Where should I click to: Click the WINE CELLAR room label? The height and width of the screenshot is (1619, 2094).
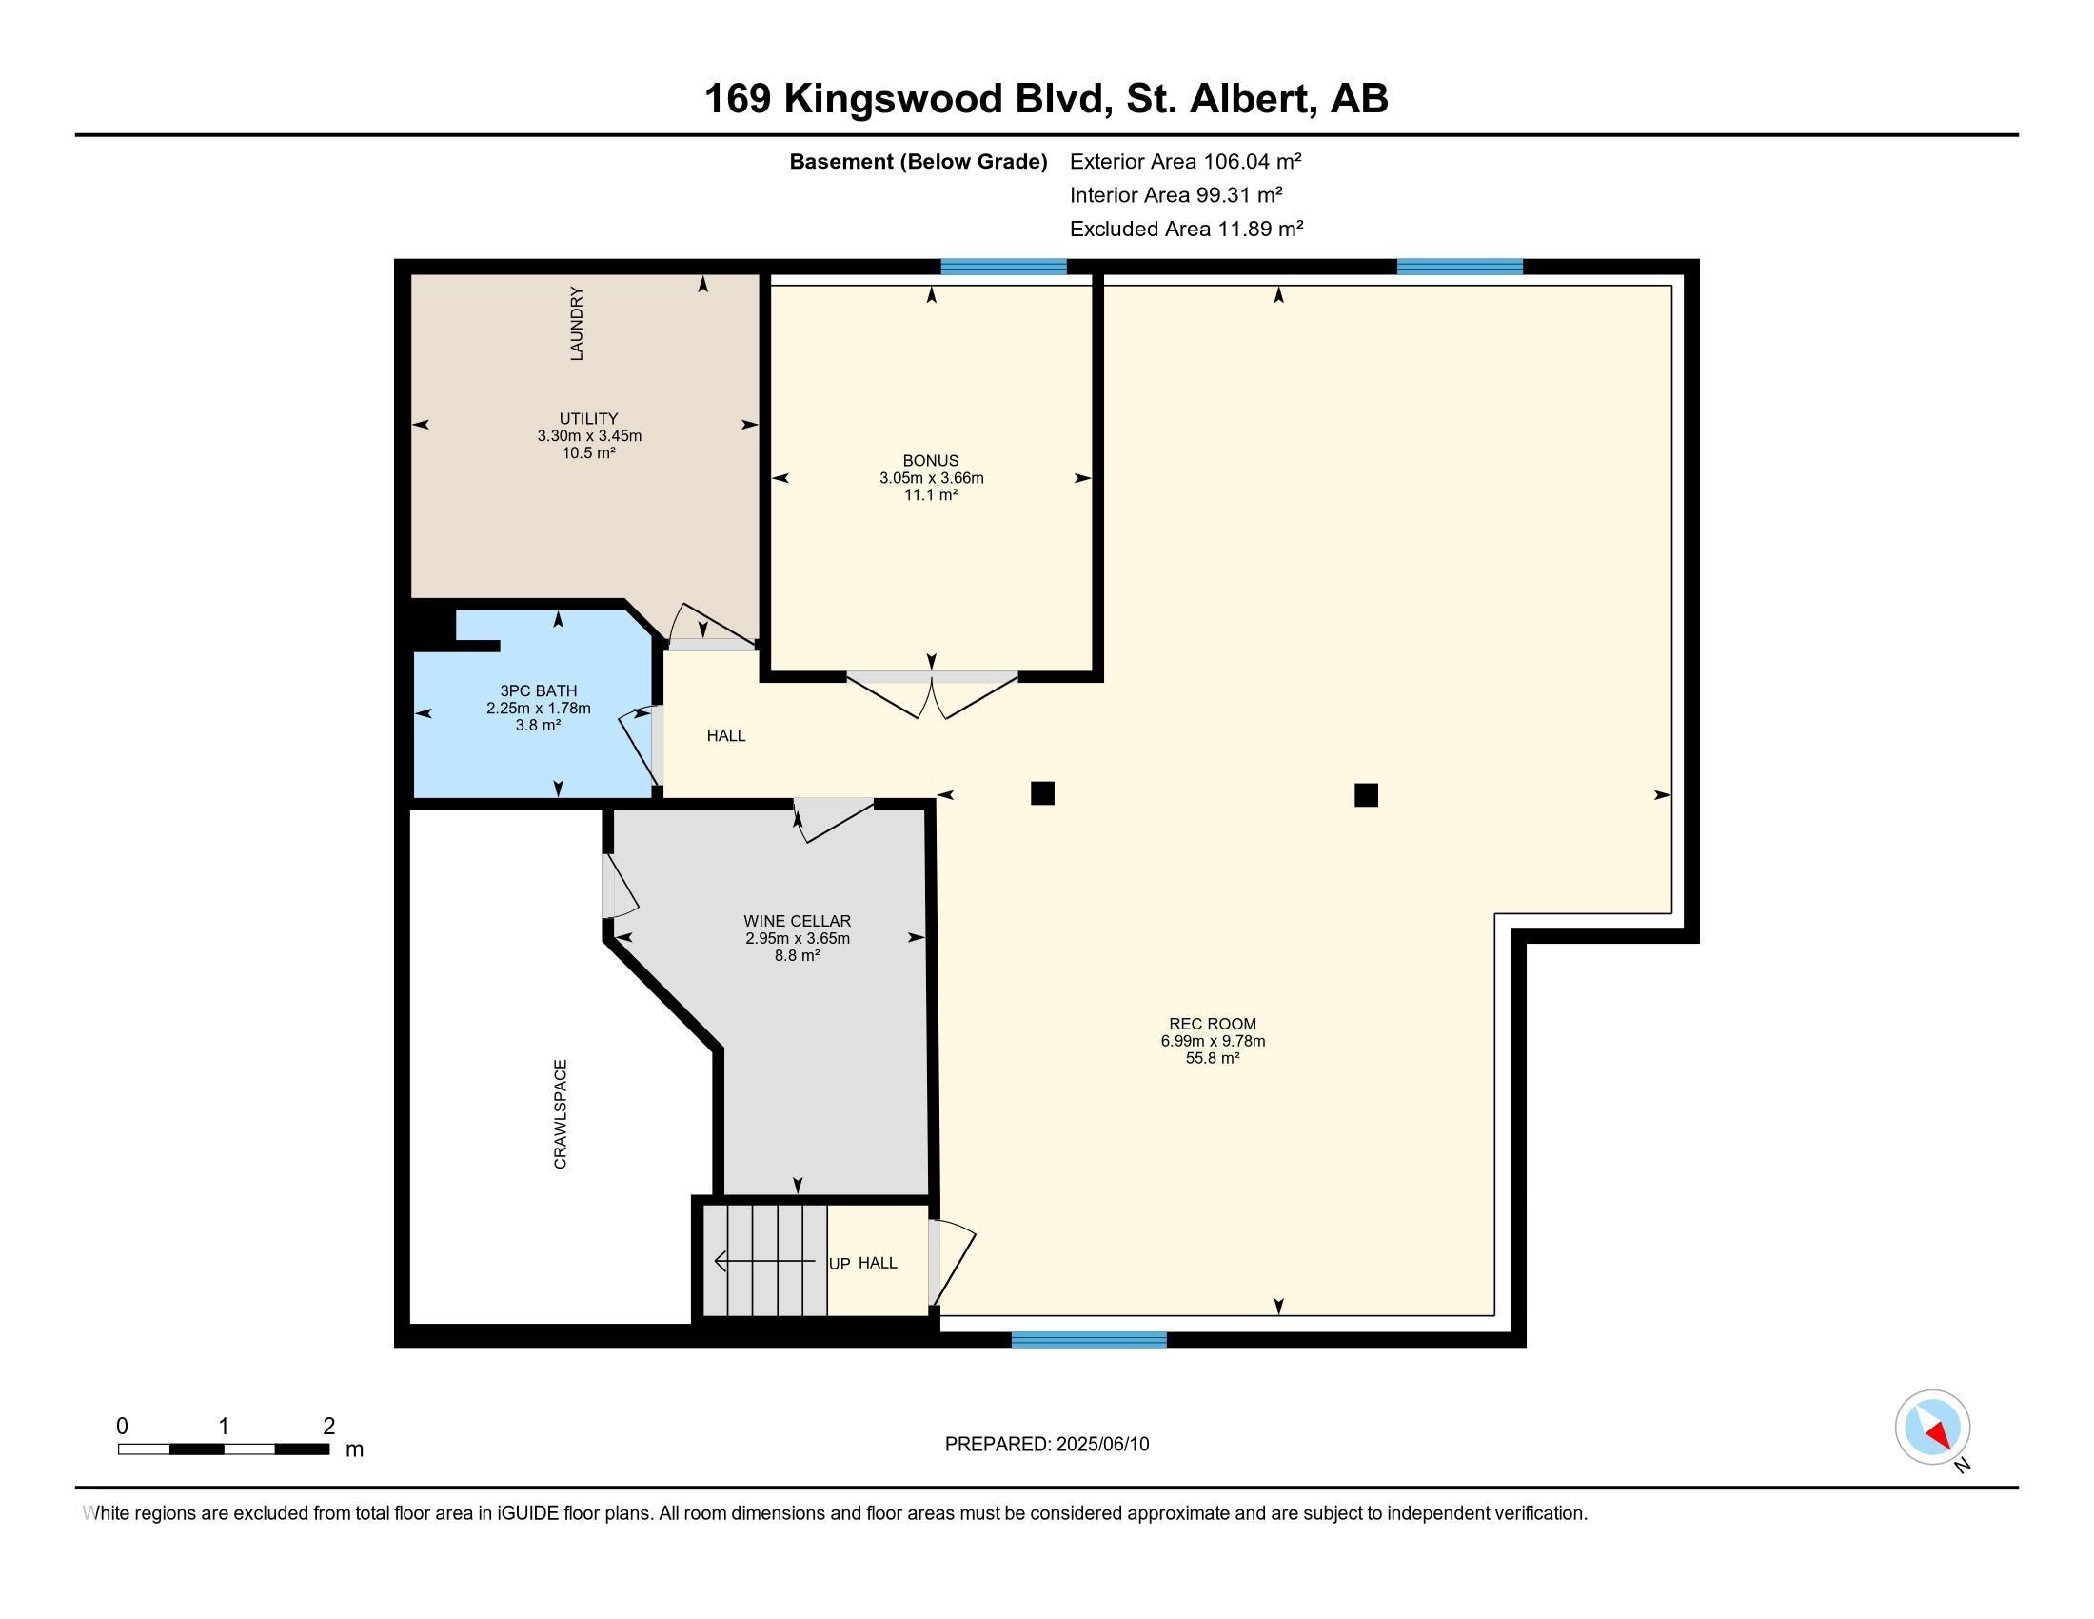pos(797,921)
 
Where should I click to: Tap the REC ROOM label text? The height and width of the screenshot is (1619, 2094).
pos(1213,1024)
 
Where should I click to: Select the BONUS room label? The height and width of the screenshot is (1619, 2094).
pos(930,460)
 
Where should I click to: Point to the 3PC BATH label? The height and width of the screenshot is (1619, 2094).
pos(538,690)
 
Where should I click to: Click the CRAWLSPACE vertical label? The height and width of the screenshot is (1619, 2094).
pos(561,1114)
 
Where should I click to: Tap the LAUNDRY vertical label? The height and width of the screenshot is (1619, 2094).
pos(576,323)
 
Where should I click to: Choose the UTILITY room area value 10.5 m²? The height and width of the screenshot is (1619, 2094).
pos(588,452)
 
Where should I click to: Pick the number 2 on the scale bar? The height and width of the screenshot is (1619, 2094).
pos(329,1427)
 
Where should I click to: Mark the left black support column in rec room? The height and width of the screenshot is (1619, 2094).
pos(1042,793)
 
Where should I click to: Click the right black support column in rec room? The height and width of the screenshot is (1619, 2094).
pos(1366,795)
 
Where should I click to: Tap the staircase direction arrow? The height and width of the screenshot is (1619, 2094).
pos(765,1261)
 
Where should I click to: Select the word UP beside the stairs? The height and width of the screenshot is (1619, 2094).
pos(839,1264)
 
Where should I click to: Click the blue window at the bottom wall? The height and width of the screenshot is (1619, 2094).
pos(1089,1340)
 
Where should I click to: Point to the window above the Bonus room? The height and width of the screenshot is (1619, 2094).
pos(1004,267)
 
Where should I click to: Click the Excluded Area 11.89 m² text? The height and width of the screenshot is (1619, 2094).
pos(1187,230)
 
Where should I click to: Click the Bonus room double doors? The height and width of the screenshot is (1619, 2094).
pos(932,693)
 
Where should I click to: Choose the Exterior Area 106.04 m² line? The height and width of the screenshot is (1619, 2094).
pos(1186,161)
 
